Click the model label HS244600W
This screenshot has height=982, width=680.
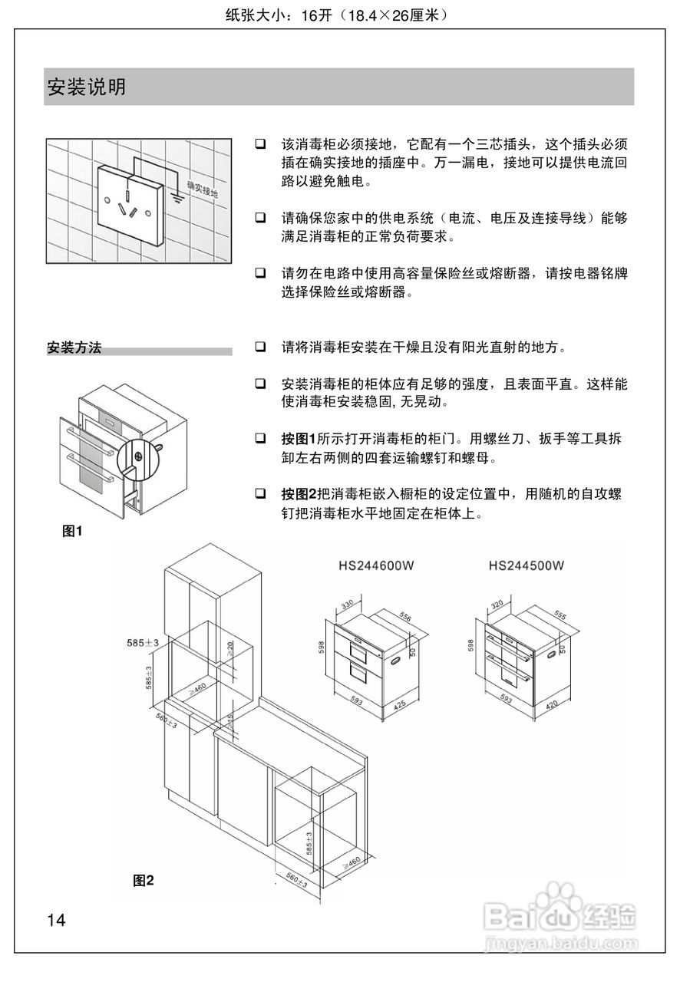point(376,567)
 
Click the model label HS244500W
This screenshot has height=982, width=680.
point(527,567)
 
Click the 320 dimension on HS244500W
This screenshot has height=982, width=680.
point(497,605)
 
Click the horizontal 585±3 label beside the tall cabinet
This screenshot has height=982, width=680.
point(143,643)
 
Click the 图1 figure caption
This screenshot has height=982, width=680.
point(72,530)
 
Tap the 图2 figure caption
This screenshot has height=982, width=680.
point(144,880)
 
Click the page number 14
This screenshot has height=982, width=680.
point(57,920)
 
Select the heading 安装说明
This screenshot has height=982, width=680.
point(87,87)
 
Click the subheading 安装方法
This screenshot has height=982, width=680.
point(74,348)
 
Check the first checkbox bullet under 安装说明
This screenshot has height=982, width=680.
point(261,143)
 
